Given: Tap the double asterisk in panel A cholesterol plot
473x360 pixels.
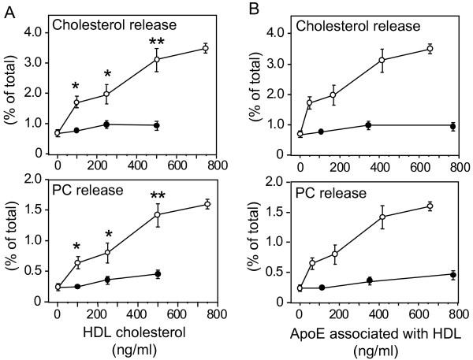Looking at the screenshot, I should click(156, 39).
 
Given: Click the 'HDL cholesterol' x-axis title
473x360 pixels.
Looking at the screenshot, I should click(136, 332).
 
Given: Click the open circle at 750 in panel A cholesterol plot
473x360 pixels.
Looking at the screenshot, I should click(205, 49).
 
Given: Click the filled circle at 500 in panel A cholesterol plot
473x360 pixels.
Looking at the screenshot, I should click(157, 125).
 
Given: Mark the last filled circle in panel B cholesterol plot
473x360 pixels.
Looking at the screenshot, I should click(453, 126).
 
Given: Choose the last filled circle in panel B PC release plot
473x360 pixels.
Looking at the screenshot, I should click(453, 275).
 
